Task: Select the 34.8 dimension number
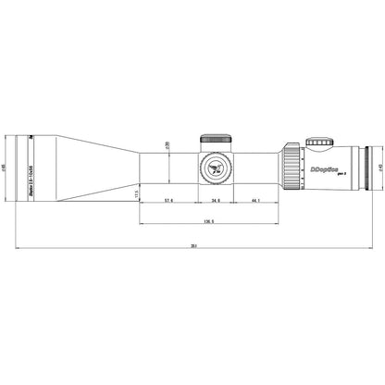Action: pos(215,200)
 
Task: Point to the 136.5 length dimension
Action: pos(208,221)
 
